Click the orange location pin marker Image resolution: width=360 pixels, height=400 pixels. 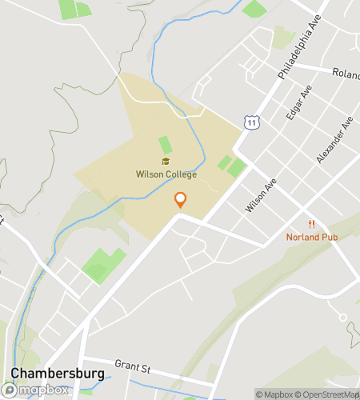pos(181,200)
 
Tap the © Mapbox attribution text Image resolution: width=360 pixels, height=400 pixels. pos(274,394)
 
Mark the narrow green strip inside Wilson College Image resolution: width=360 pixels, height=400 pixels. pos(165,146)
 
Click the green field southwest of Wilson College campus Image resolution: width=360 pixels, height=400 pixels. pos(103,264)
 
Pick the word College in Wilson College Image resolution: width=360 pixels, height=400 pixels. pos(180,174)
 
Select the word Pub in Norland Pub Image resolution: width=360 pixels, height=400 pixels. pos(330,237)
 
